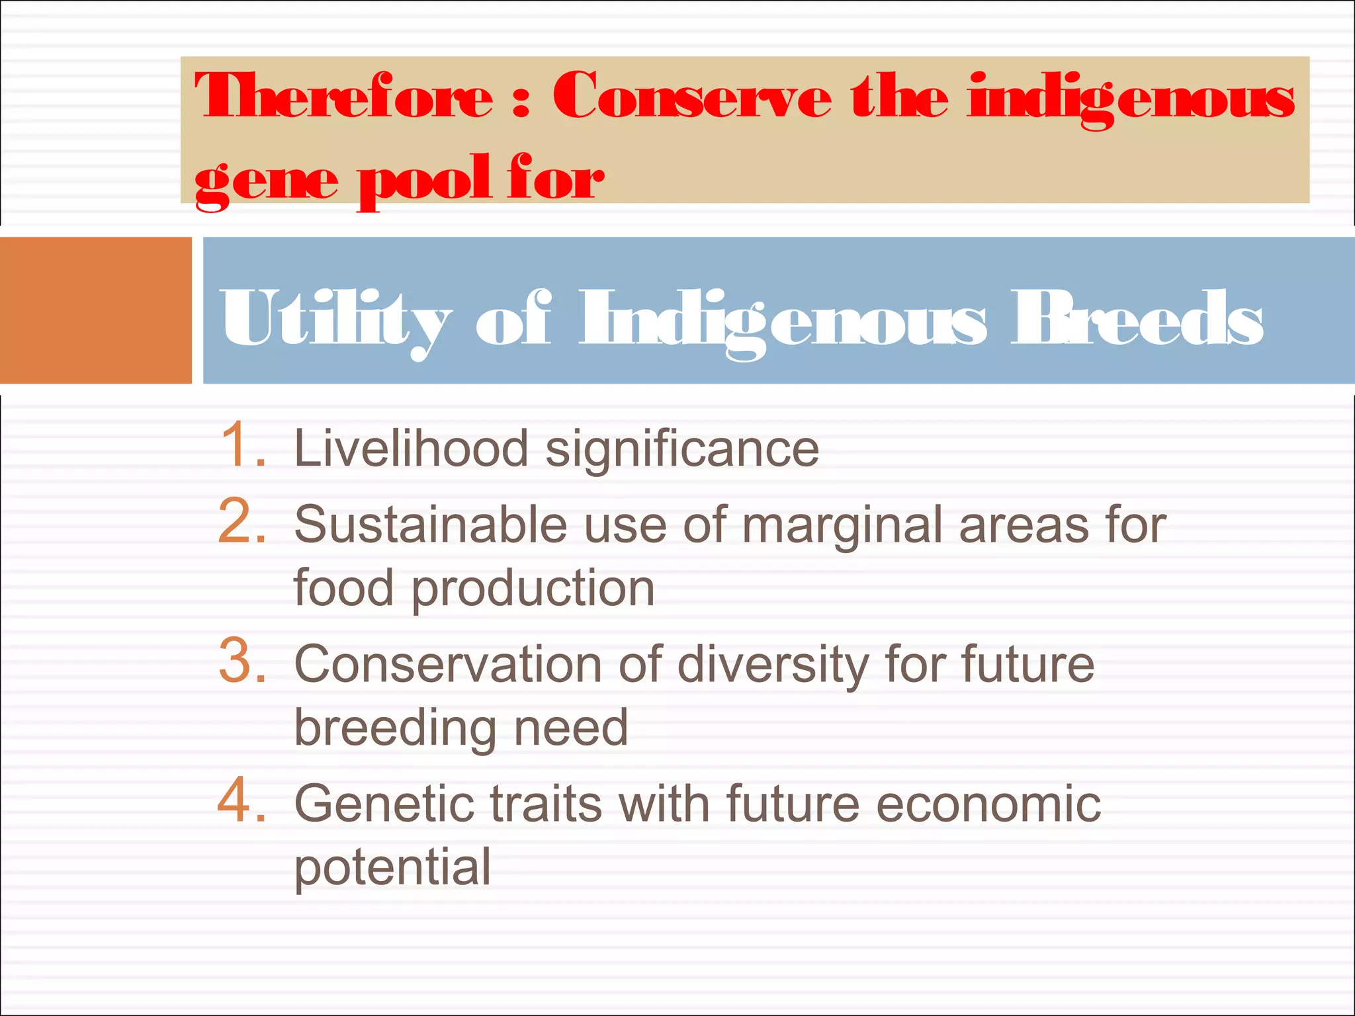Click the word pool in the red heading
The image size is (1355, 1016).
coord(424,180)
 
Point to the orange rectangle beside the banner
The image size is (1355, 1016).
coord(95,310)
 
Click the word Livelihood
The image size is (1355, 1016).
coord(411,448)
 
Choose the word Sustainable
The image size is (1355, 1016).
coord(431,525)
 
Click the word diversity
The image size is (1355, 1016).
coord(773,665)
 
